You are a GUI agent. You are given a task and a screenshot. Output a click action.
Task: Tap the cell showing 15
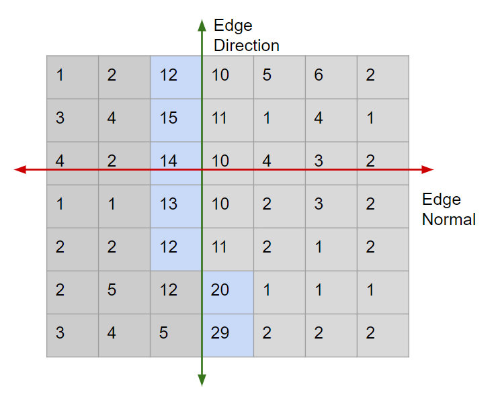coord(169,118)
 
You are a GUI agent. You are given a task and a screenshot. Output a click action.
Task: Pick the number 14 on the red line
coord(169,161)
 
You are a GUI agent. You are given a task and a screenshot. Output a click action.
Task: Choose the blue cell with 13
coord(169,204)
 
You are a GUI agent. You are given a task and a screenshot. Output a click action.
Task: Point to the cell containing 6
coord(319,75)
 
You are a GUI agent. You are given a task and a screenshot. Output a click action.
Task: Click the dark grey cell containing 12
coord(169,290)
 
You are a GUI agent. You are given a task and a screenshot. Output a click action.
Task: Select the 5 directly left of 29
coord(163,333)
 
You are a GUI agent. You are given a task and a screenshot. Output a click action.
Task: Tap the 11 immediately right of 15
coord(220,118)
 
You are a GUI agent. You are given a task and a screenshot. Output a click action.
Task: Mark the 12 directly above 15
coord(169,75)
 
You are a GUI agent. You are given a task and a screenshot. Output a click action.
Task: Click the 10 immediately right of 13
coord(220,204)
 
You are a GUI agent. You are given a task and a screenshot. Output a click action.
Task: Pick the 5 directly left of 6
coord(267,75)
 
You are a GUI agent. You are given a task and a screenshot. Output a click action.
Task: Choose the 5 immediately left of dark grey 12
coord(112,290)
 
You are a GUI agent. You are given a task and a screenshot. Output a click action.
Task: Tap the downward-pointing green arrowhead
coord(202,382)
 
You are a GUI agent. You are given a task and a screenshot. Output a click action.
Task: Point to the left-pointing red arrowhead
coord(19,170)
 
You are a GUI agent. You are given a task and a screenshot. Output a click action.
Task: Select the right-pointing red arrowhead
coord(429,170)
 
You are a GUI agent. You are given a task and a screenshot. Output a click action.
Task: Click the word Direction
coord(246,46)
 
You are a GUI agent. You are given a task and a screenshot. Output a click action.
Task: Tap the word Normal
coord(448,219)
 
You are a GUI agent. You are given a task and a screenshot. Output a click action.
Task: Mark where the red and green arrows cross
coord(202,170)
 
